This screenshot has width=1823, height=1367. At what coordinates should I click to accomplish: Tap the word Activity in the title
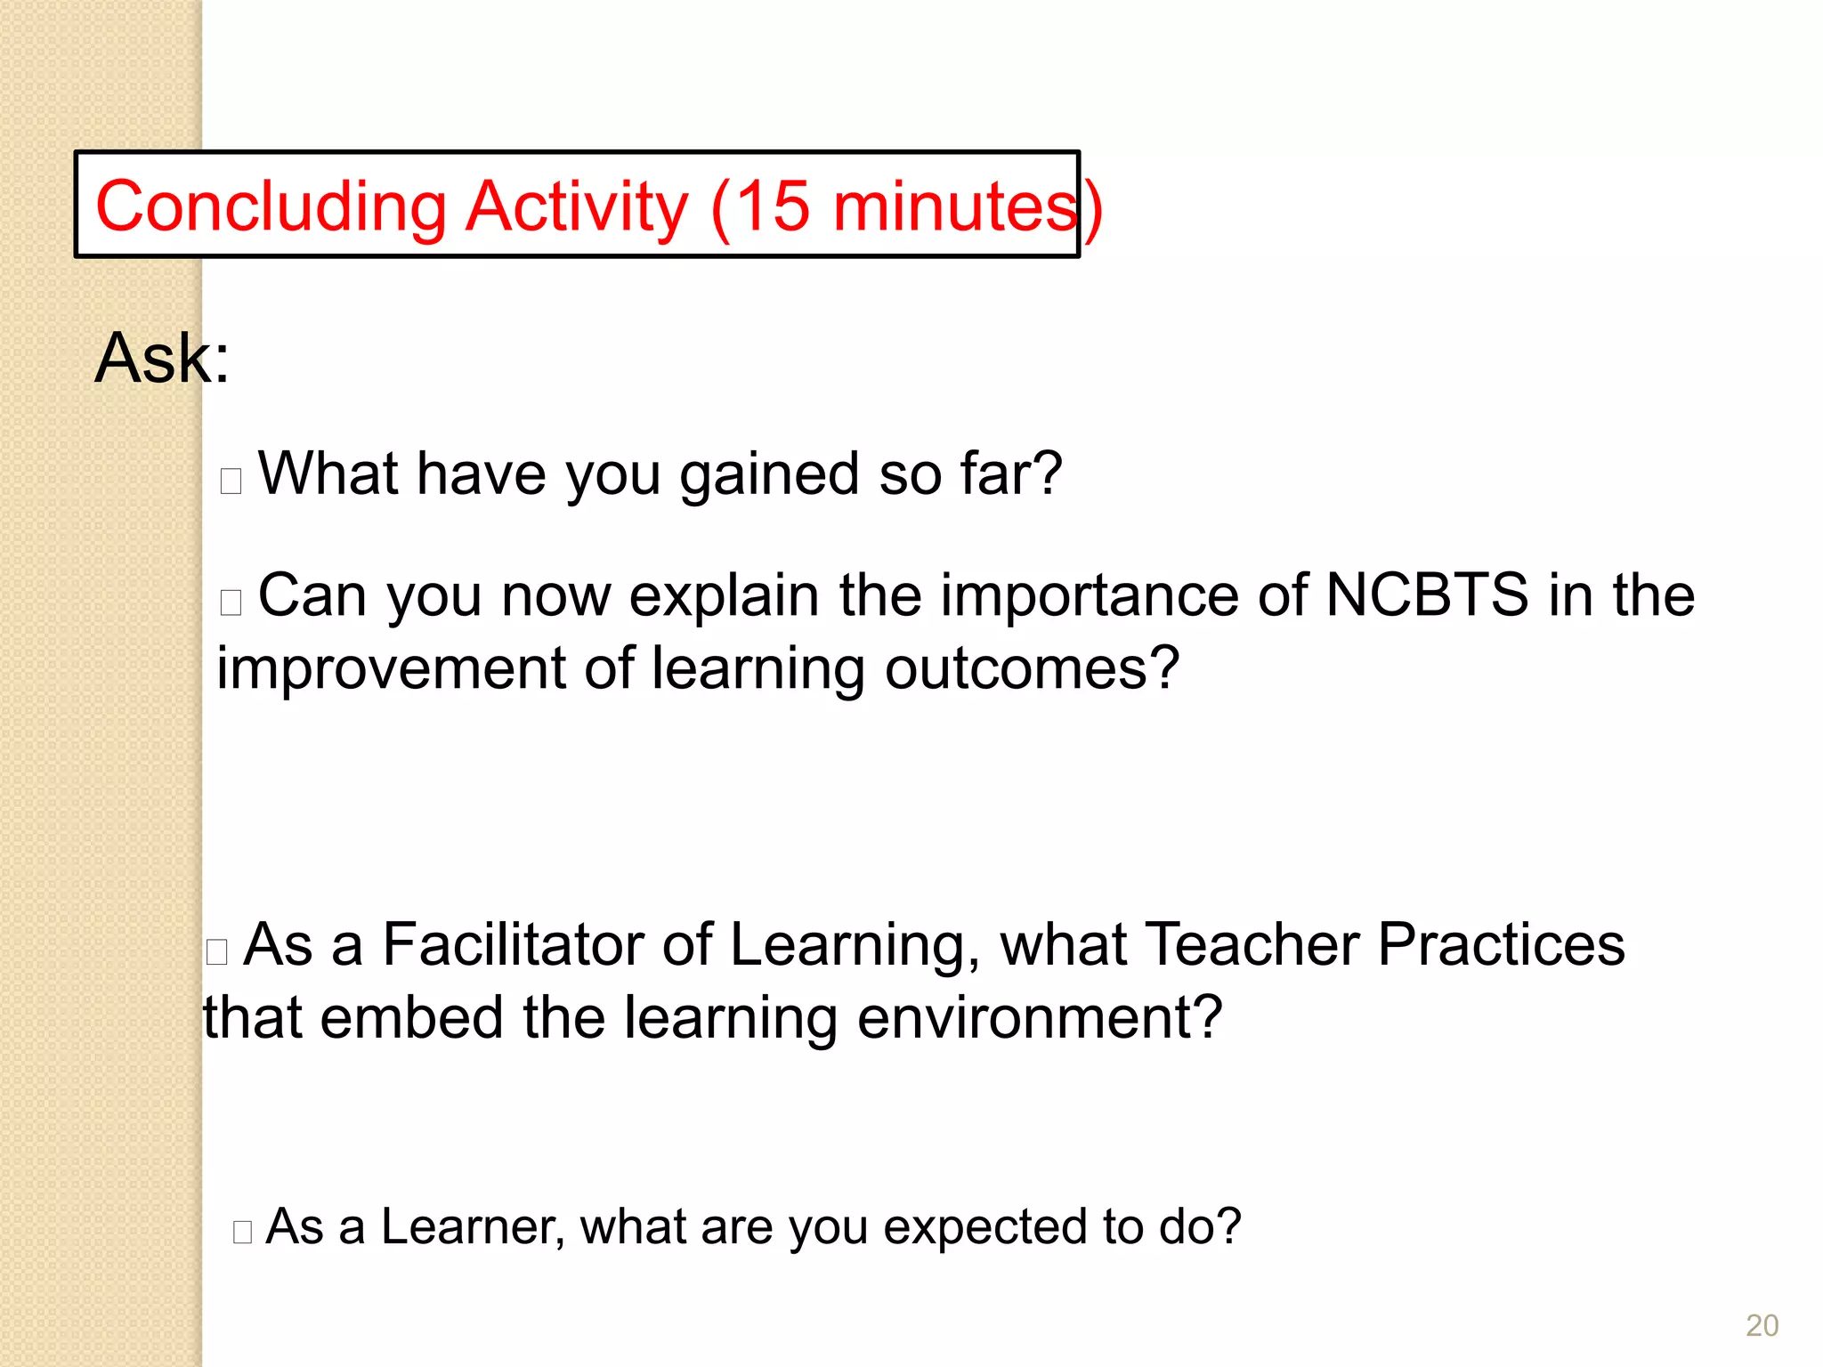(577, 206)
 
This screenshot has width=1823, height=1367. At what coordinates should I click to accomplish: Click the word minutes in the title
(955, 206)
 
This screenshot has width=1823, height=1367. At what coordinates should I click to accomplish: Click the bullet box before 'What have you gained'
(231, 481)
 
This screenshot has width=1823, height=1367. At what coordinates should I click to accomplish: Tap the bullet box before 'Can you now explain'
(231, 603)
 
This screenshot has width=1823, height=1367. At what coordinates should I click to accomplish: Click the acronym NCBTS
(1427, 595)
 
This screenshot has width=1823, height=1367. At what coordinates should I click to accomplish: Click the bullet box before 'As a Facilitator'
(217, 951)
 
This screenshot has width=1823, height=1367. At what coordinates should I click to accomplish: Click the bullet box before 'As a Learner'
(243, 1232)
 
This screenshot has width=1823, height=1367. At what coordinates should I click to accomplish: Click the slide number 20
(1762, 1325)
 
